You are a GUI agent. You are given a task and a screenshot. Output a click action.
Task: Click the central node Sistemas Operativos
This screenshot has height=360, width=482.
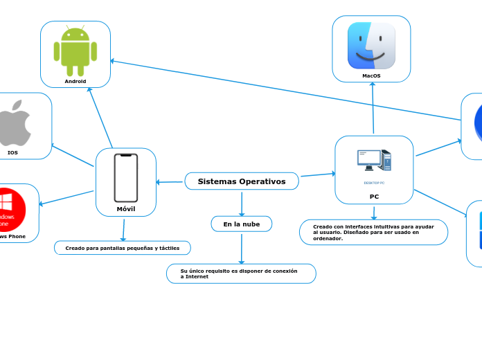pos(242,181)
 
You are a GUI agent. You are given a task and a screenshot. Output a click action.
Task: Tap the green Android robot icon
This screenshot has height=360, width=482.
pos(75,51)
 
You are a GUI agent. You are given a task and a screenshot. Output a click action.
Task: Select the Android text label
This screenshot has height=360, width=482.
pos(75,81)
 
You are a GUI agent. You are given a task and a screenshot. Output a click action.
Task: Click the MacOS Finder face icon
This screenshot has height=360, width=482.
pos(371,46)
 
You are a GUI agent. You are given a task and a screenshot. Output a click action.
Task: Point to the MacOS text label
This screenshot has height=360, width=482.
pos(371,75)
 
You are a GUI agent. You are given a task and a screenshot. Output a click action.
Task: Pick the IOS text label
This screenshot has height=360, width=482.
pos(12,152)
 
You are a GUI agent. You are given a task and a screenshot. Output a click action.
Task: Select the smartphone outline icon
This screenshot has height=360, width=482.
pos(126,178)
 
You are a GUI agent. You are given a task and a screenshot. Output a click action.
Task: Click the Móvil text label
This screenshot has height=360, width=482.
pos(126,208)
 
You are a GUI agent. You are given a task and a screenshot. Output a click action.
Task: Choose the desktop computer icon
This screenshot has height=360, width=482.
pos(374,161)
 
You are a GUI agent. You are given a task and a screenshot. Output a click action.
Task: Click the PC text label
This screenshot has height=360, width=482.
pos(374,196)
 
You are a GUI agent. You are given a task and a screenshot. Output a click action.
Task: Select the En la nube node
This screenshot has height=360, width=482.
pos(242,224)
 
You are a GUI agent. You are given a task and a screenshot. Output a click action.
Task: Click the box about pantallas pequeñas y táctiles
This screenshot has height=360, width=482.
pos(122,248)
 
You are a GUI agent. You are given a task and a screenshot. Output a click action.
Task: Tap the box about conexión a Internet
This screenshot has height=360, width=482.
pos(241,273)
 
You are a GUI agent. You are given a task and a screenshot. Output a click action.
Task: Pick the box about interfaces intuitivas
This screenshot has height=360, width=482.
pos(373,232)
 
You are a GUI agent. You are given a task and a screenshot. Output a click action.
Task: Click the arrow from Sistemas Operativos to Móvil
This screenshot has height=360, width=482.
pos(170,182)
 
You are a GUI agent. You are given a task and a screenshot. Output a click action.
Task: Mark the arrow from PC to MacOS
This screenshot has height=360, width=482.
pos(373,107)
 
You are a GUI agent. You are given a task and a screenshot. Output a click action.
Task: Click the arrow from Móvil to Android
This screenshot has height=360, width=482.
pos(100,118)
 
